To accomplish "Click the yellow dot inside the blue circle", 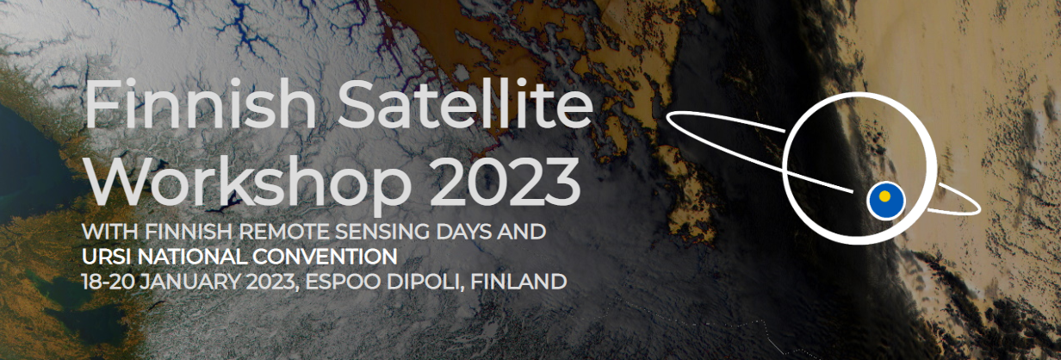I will tap(884, 196).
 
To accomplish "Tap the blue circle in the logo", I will tap(886, 202).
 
